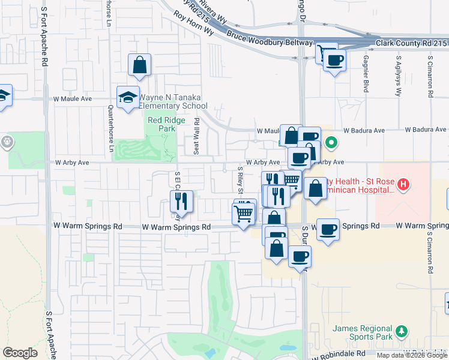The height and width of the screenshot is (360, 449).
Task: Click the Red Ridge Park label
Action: pos(162,124)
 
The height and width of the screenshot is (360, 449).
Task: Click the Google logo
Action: pos(20,353)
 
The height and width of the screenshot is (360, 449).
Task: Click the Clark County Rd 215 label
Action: pos(412,43)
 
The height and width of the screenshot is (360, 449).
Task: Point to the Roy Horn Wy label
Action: pos(193,23)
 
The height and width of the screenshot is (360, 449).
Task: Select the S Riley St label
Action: pos(240,181)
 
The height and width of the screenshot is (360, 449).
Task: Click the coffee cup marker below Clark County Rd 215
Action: pos(334,60)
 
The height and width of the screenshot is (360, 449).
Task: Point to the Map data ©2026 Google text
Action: pos(412,355)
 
